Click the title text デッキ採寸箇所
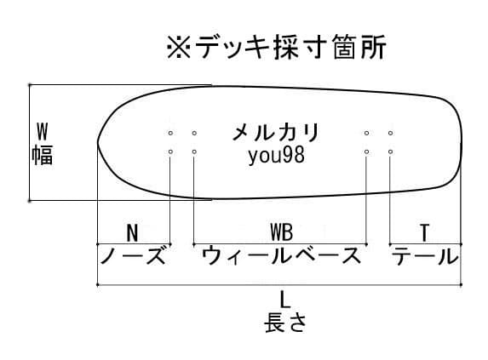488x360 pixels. pos(290,47)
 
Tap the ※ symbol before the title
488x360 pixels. pos(179,48)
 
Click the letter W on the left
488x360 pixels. pos(43,132)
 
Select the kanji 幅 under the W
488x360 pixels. pos(43,155)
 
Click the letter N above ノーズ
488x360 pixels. pos(132,233)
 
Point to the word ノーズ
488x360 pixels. pos(133,255)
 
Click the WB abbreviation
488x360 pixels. pos(281,232)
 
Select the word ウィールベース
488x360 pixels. pos(281,255)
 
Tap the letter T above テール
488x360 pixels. pos(424,233)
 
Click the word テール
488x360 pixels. pos(425,255)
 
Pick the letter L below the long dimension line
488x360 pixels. pos(284,300)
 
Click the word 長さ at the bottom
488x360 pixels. pos(285,323)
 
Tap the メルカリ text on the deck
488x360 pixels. pos(276,133)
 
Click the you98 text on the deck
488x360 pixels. pos(277,156)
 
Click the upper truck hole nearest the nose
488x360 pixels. pos(170,133)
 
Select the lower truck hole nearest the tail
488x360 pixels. pos(390,151)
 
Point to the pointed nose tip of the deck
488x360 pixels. pos(98,143)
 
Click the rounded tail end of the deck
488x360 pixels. pos(461,143)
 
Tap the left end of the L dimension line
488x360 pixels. pos(98,284)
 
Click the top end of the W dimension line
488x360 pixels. pos(29,84)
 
